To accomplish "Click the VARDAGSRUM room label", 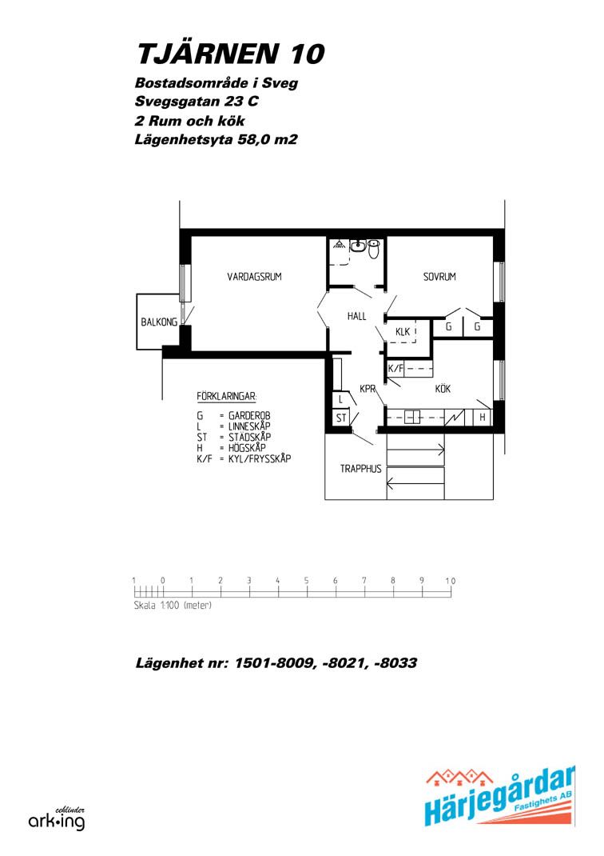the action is (x=254, y=277).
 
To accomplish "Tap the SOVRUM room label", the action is (x=439, y=277).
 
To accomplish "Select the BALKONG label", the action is (x=159, y=322).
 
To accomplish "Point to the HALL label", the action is (x=357, y=316).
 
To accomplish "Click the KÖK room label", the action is (x=443, y=389).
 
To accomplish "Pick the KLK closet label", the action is (x=403, y=331).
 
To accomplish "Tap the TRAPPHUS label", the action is (x=361, y=468).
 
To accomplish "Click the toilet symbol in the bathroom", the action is (x=373, y=249).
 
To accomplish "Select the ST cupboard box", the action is (x=341, y=418).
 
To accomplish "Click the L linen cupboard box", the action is (x=340, y=400).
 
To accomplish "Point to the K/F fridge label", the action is (x=395, y=369).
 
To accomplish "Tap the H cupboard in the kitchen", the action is (x=483, y=418).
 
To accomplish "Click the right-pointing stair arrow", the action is (x=416, y=450).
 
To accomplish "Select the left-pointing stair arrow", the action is (x=416, y=482).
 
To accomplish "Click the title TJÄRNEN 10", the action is (x=231, y=54).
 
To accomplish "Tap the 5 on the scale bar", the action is (x=306, y=581).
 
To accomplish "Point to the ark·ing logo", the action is (x=57, y=819).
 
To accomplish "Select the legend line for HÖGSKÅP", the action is (x=231, y=448).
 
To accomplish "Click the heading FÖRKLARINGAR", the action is (x=227, y=396).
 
